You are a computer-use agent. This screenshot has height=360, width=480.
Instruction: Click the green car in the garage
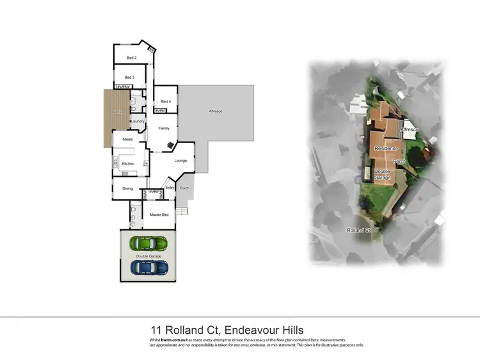148,243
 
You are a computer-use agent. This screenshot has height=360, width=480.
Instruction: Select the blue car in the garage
149,267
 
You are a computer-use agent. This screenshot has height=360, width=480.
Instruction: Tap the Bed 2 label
131,58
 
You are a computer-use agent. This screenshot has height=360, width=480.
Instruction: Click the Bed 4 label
165,102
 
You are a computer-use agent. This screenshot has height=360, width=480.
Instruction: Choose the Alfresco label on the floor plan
216,112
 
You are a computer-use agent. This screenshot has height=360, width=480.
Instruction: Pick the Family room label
164,128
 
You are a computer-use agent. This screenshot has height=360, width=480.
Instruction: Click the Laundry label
138,121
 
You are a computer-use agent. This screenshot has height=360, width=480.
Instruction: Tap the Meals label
127,138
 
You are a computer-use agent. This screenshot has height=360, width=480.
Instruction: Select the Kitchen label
128,163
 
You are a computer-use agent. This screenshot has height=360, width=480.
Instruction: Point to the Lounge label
180,160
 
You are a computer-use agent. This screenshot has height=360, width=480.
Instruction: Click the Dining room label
127,188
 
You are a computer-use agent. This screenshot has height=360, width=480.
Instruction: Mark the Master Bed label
159,215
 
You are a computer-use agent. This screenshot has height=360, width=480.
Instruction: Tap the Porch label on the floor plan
184,188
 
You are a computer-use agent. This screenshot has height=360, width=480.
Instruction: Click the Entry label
170,188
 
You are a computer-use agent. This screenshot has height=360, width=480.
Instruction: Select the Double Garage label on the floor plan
149,256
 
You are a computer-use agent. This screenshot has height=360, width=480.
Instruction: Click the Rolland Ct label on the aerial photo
359,230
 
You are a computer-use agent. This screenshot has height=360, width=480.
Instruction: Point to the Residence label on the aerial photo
386,148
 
